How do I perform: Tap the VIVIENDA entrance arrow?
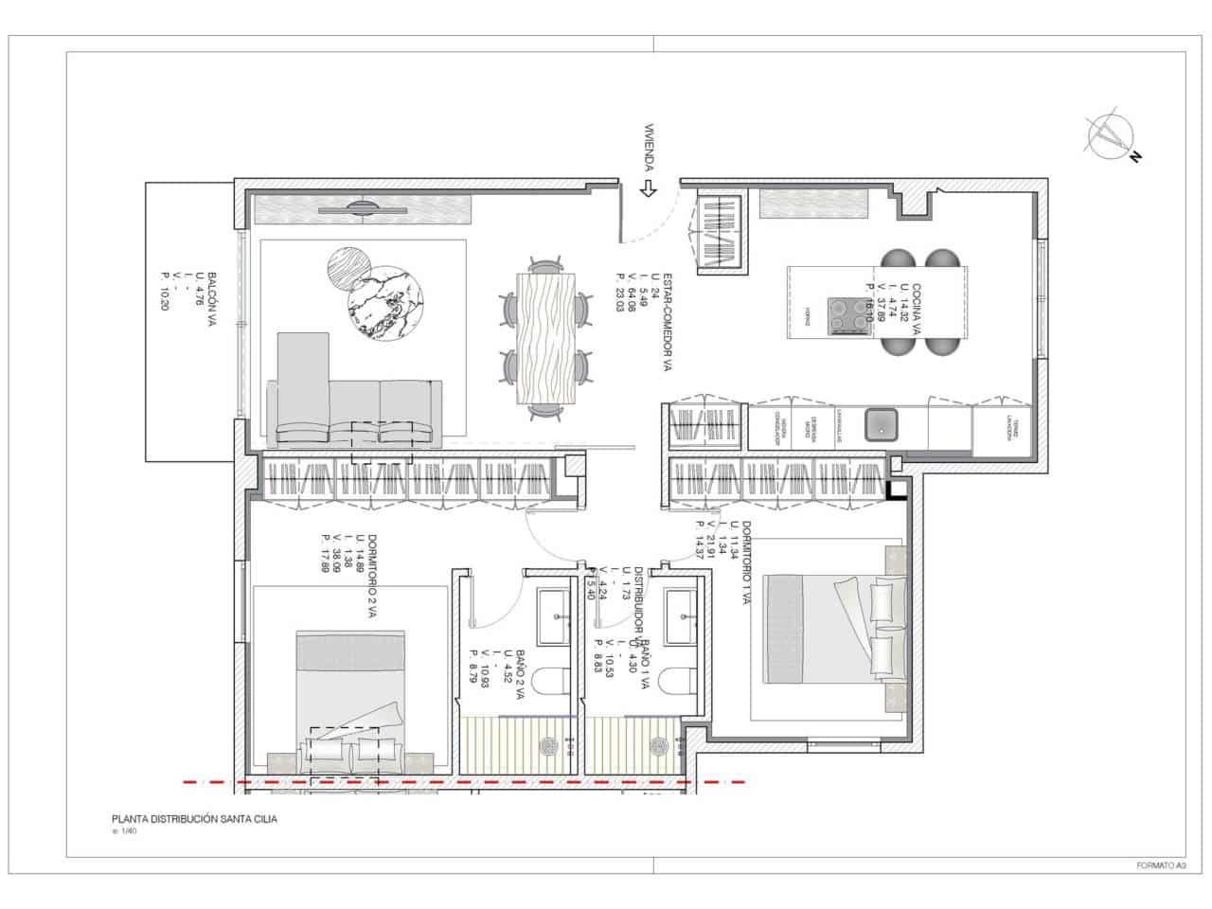click(x=649, y=187)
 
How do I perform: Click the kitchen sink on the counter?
click(x=880, y=424)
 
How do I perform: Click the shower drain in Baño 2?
click(x=547, y=745)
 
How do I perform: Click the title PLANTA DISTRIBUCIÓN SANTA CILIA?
click(x=195, y=820)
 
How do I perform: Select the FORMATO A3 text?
click(x=1160, y=865)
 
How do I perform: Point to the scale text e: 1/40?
click(x=124, y=832)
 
